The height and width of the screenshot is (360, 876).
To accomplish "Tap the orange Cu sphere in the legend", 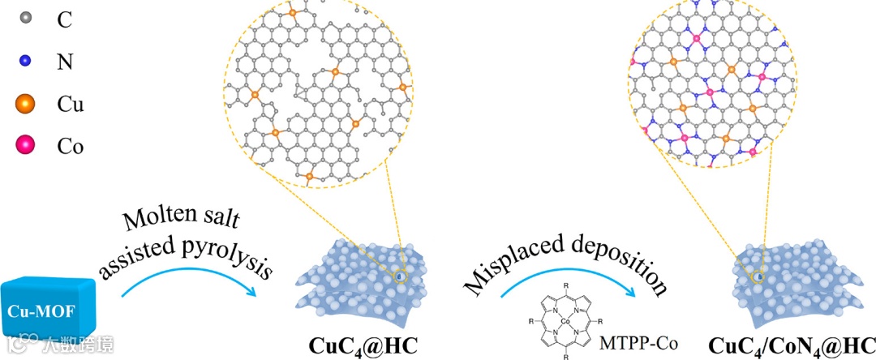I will point(24,103).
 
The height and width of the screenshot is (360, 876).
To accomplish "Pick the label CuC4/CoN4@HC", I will point(792,345).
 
